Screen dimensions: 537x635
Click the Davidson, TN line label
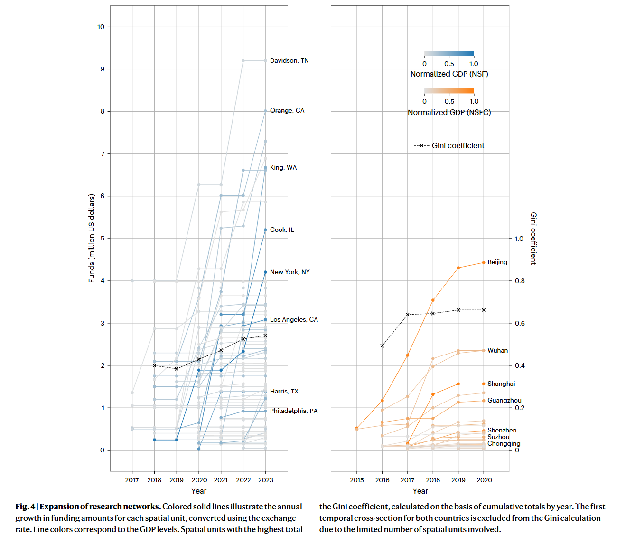289,61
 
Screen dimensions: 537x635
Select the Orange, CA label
287,111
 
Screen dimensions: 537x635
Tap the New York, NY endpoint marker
265,272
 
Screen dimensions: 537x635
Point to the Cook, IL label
282,230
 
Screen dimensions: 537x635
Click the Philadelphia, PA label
294,411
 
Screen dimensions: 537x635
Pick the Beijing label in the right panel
497,262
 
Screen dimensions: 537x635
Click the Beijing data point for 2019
458,268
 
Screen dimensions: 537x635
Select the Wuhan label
497,351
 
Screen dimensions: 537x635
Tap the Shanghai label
501,384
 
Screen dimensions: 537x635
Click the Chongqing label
504,444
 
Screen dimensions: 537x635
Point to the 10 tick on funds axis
101,27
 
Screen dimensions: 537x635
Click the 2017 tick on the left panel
132,480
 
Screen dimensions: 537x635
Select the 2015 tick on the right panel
357,480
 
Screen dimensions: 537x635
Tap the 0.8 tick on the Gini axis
520,281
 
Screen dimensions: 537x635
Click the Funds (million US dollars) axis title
92,238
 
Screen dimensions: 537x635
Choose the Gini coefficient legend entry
449,146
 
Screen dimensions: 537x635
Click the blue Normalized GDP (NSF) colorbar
449,54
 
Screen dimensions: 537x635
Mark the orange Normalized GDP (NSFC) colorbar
449,91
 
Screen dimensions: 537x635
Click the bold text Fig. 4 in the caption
25,507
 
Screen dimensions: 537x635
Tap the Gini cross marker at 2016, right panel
383,346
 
